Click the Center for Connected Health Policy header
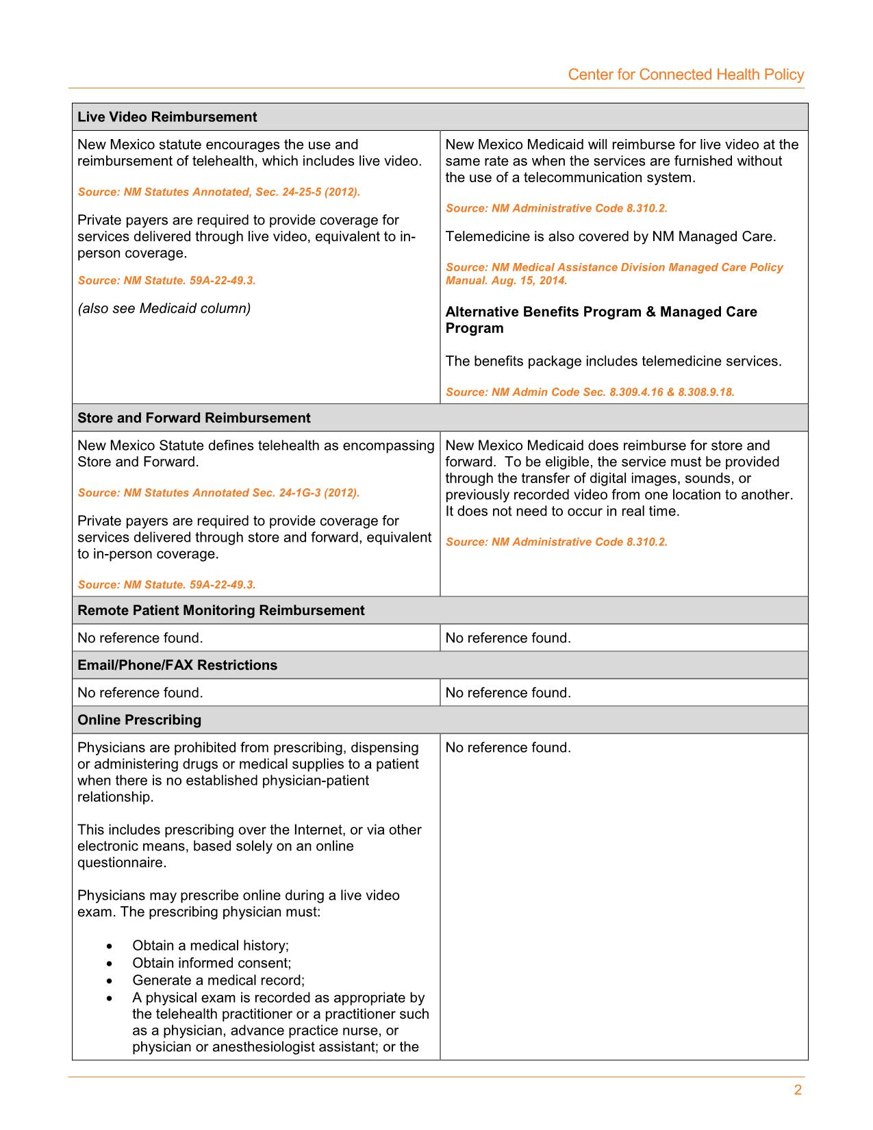[685, 75]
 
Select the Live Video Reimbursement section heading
[167, 117]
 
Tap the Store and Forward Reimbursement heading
[194, 418]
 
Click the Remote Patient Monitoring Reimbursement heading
[221, 610]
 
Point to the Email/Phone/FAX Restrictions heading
[177, 665]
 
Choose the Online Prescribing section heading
[140, 720]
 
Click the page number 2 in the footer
[798, 1090]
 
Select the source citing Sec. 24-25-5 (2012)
[219, 192]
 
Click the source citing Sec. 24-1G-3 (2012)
[218, 492]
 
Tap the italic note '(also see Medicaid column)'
[164, 308]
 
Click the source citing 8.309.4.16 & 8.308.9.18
[590, 392]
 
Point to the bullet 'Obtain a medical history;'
[210, 946]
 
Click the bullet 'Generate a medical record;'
[218, 980]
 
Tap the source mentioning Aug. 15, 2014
[614, 274]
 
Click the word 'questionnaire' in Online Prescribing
[122, 863]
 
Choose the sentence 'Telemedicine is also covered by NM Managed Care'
[611, 237]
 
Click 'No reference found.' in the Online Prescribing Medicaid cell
[508, 748]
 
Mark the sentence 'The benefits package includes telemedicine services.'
[613, 361]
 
